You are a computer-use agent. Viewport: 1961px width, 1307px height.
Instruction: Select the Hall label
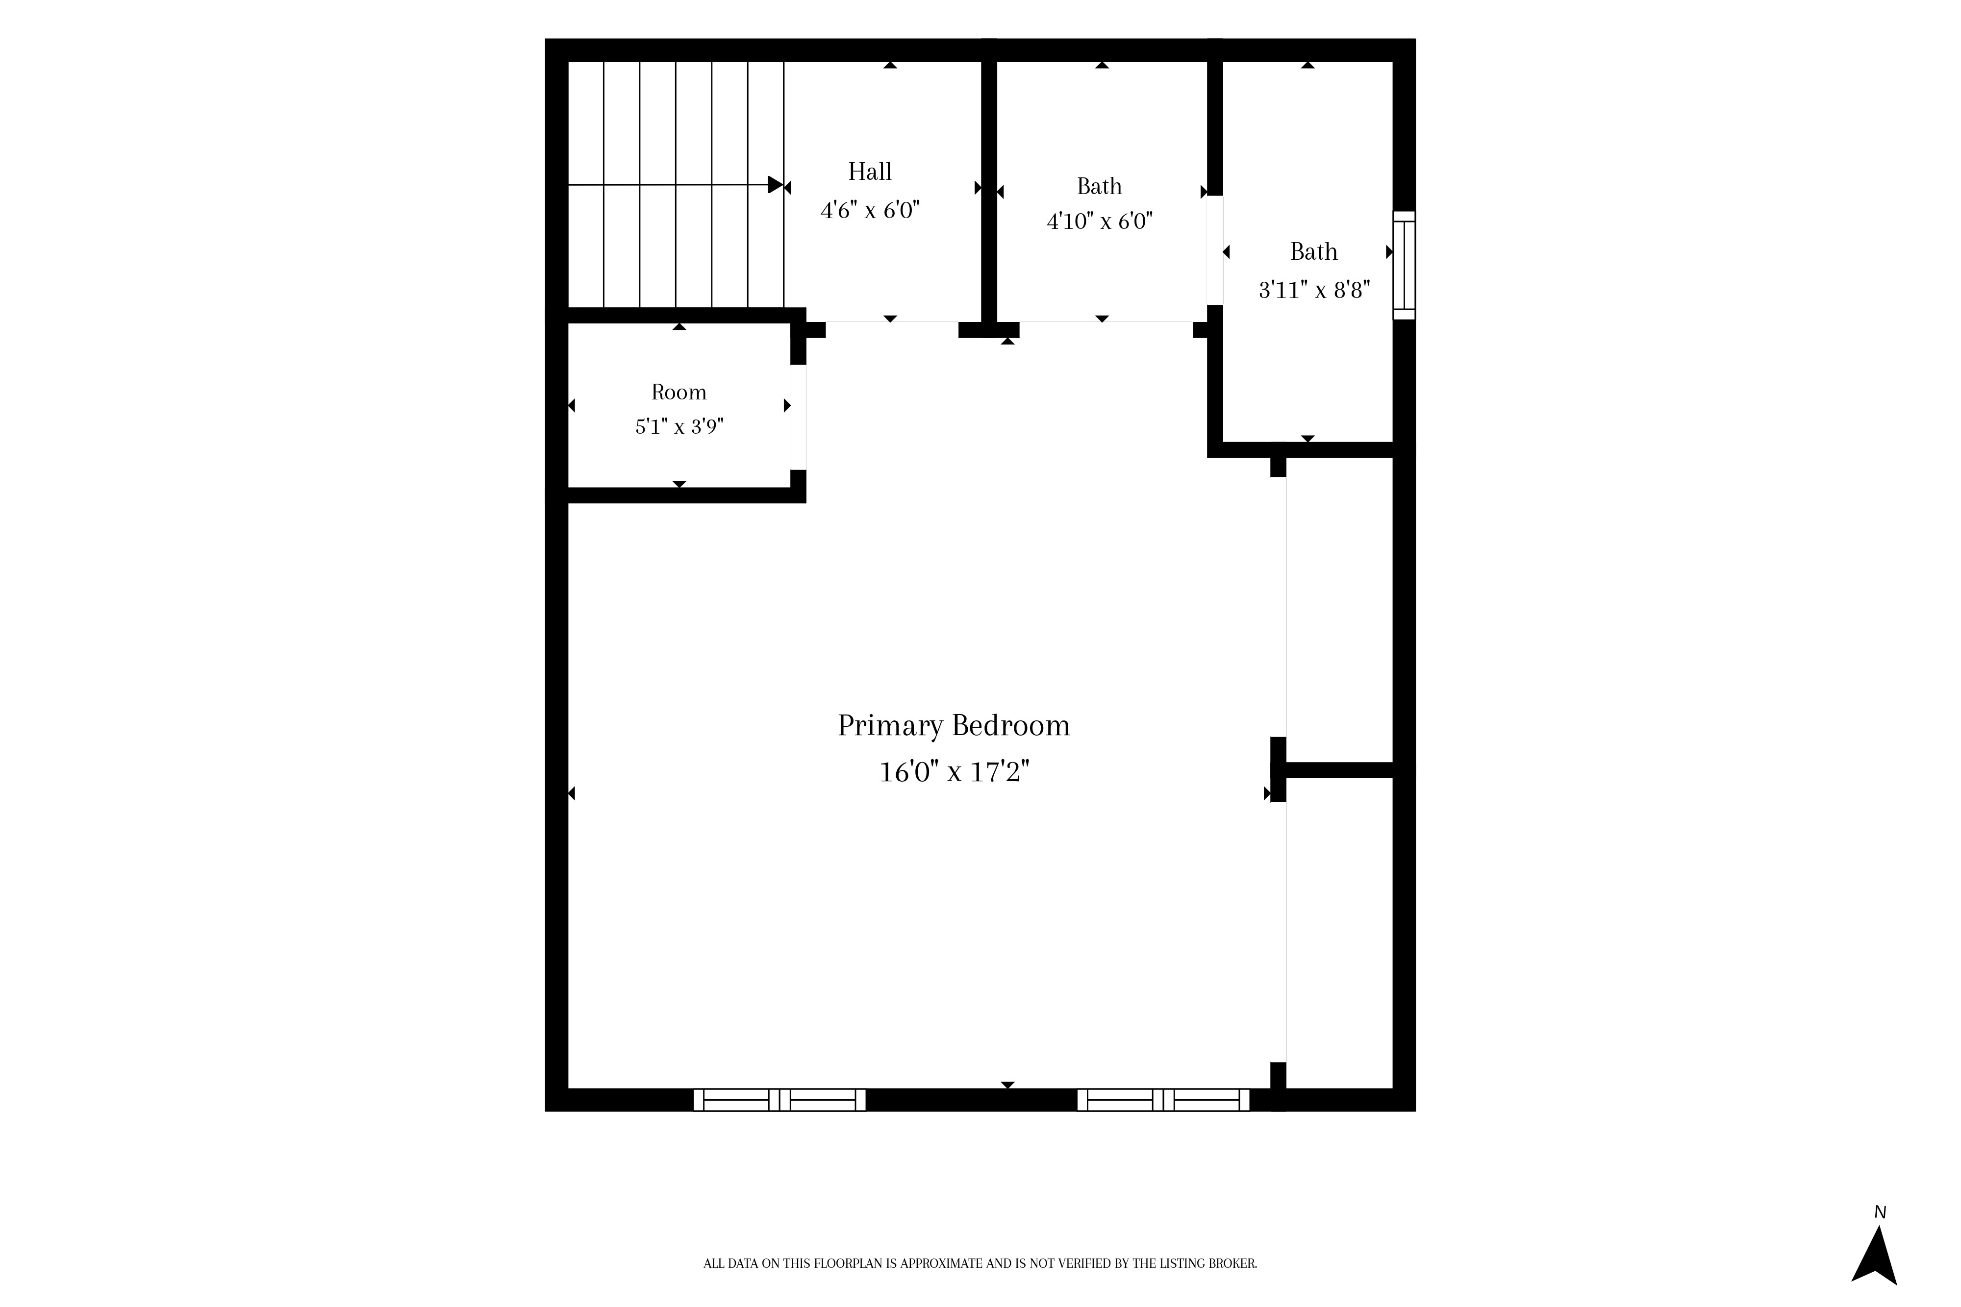point(870,172)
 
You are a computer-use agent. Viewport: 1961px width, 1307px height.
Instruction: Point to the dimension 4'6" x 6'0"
point(870,210)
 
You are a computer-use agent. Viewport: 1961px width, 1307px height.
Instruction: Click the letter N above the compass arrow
point(1880,1213)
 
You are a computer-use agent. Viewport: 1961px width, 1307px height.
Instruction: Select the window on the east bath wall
point(1404,265)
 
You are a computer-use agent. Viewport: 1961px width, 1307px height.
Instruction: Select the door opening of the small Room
point(798,418)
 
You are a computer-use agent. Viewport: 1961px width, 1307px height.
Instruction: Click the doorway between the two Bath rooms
point(1215,250)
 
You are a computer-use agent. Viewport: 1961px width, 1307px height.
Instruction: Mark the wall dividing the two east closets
point(1339,770)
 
